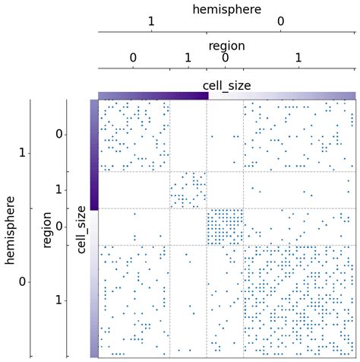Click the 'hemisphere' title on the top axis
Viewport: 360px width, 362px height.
226,9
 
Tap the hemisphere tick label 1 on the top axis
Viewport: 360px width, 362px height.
152,23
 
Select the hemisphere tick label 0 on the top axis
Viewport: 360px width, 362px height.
281,23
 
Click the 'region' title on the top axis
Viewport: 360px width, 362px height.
226,46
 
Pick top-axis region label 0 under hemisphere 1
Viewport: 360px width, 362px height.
133,58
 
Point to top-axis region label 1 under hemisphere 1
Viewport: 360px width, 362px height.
188,58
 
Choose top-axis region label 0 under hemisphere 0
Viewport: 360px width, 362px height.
226,58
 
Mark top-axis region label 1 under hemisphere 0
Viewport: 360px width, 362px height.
298,58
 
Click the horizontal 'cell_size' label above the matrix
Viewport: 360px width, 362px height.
226,85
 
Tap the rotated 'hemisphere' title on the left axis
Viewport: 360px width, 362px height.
11,228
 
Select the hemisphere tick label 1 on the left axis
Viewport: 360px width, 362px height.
23,154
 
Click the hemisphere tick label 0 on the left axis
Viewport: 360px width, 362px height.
23,282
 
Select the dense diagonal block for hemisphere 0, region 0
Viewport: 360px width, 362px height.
225,227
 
